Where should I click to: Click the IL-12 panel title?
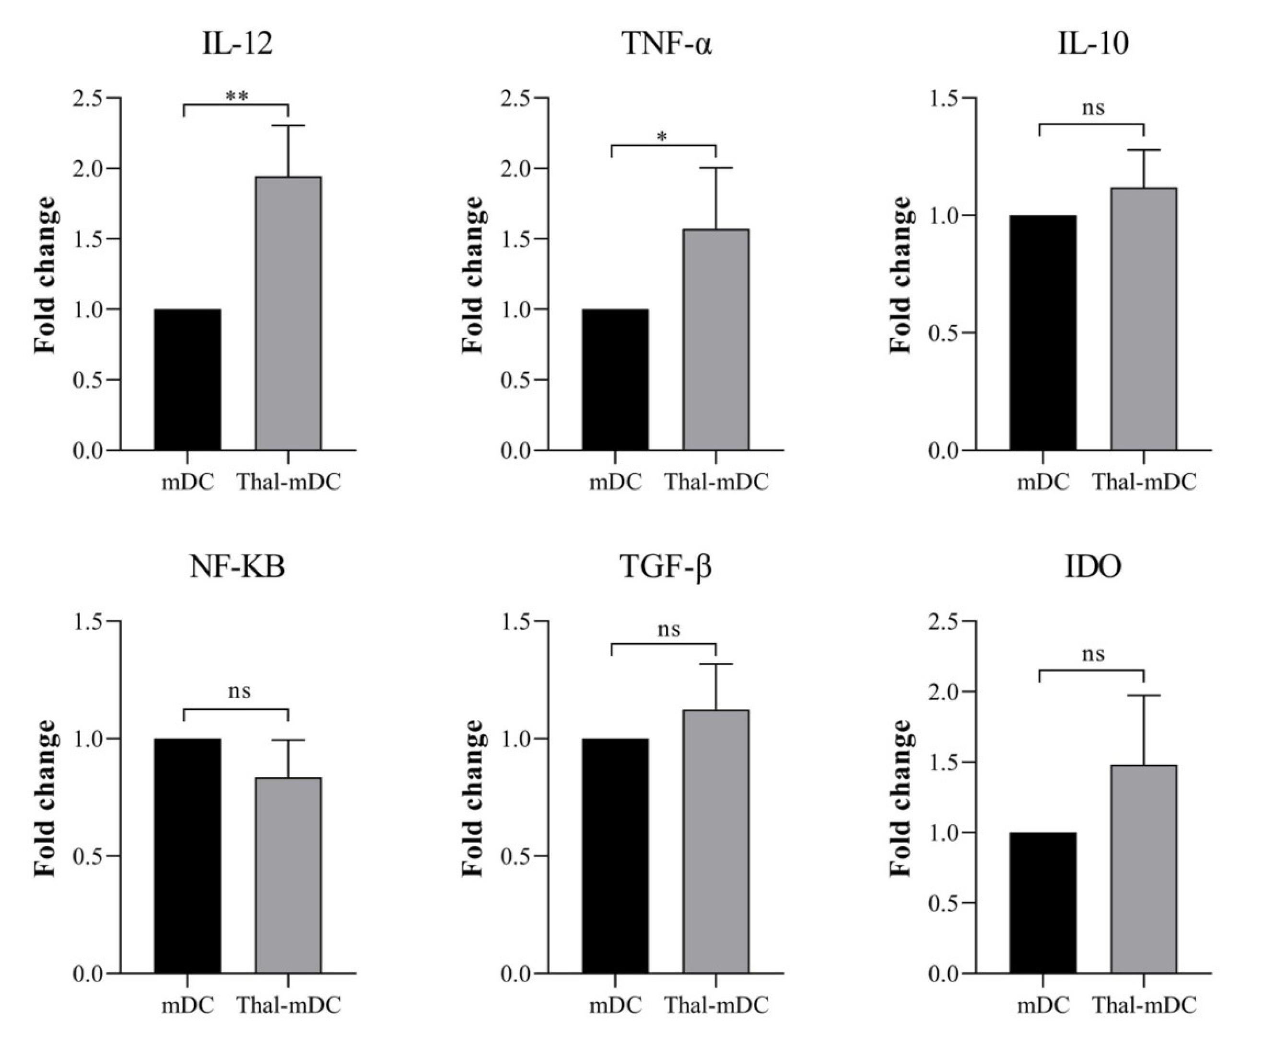click(237, 44)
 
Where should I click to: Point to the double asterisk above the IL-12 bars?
click(236, 95)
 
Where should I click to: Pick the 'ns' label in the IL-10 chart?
click(1092, 109)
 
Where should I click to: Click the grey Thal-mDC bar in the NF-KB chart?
click(288, 875)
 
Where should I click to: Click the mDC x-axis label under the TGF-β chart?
click(615, 1005)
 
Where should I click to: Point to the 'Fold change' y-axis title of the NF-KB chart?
click(45, 798)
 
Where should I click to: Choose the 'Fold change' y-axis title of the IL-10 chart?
click(901, 275)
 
